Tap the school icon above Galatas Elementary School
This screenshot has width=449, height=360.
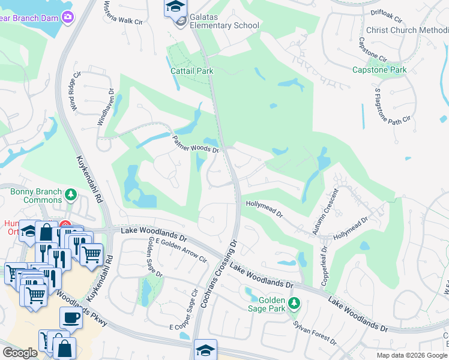(175, 8)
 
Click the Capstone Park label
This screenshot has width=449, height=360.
(379, 70)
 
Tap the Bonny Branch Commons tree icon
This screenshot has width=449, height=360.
(71, 194)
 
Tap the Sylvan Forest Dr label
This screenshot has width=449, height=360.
(315, 332)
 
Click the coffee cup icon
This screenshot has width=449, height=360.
(70, 317)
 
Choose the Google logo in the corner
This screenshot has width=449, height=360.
(20, 353)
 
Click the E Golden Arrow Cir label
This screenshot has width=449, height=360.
(180, 249)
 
